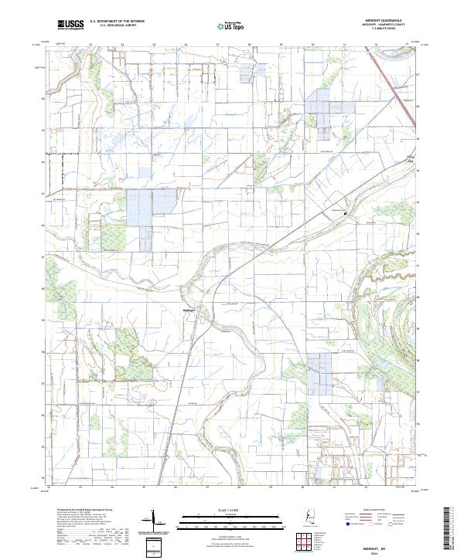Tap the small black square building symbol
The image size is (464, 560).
[344, 212]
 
